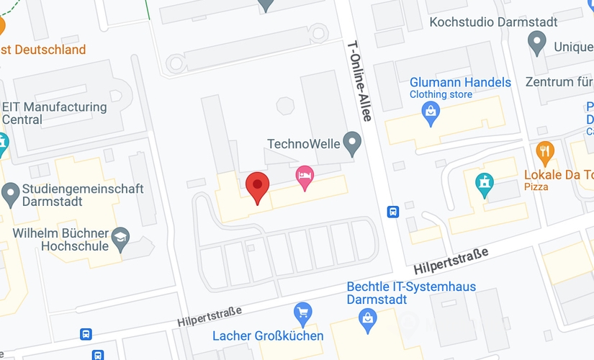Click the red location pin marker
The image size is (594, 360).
pyautogui.click(x=257, y=186)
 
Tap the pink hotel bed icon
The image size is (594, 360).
pyautogui.click(x=305, y=176)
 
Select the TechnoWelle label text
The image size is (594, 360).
pyautogui.click(x=303, y=143)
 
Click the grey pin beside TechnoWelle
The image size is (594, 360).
pyautogui.click(x=352, y=143)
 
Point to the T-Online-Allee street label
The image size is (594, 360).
pyautogui.click(x=358, y=79)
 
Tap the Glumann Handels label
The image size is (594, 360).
pyautogui.click(x=460, y=82)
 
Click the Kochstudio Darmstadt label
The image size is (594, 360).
pyautogui.click(x=493, y=22)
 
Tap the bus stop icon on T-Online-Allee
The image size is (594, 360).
pyautogui.click(x=393, y=212)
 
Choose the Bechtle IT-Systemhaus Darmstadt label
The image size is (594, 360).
pyautogui.click(x=411, y=292)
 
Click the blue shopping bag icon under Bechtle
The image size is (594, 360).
pyautogui.click(x=369, y=318)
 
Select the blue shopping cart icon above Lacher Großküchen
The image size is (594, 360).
pyautogui.click(x=303, y=313)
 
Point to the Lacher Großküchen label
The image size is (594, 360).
pyautogui.click(x=267, y=336)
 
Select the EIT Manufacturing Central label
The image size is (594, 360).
pyautogui.click(x=54, y=113)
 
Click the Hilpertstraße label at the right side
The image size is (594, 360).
pyautogui.click(x=451, y=257)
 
